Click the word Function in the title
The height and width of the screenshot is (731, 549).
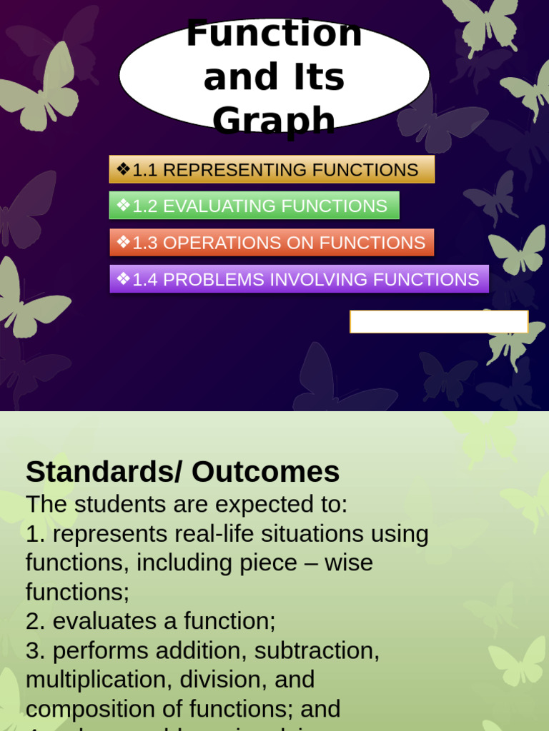click(x=274, y=34)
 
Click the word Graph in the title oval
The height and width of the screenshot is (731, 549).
click(x=274, y=120)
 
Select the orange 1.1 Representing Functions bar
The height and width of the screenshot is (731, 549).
click(x=272, y=170)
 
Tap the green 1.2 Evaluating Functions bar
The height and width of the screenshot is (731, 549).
click(x=254, y=206)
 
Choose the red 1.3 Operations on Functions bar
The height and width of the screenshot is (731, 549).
click(x=272, y=243)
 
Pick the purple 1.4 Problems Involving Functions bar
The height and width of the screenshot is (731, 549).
click(x=299, y=279)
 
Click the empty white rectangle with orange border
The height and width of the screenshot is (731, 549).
click(x=439, y=322)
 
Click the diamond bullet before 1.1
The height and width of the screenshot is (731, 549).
click(x=123, y=169)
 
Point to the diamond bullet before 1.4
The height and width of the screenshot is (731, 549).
click(x=123, y=278)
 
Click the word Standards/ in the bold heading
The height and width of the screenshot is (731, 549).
click(x=104, y=472)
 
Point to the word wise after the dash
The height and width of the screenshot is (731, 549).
click(x=349, y=563)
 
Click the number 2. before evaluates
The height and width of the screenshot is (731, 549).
click(x=35, y=622)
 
